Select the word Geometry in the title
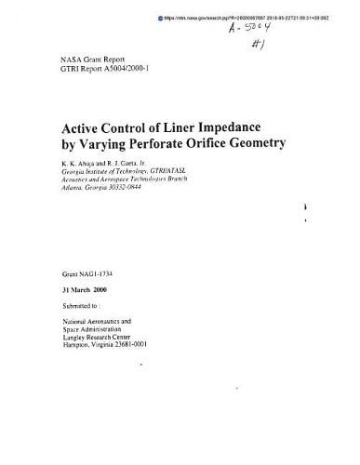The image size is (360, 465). point(283,145)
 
